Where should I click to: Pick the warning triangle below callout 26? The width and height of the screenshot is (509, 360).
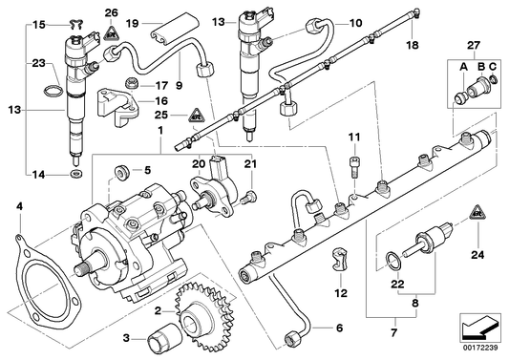tap(113, 32)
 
